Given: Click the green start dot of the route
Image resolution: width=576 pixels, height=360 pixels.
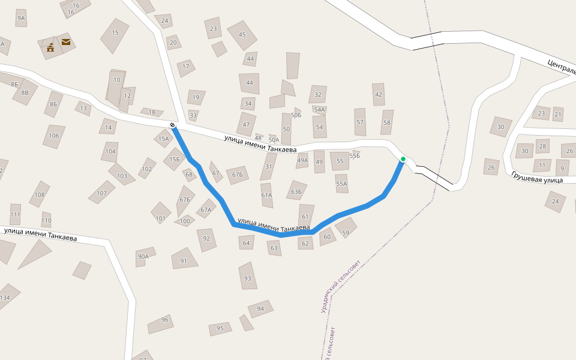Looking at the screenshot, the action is (403, 159).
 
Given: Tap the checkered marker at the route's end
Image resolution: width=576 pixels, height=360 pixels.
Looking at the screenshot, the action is (173, 125).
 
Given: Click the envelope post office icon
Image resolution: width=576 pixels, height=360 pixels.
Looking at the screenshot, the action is (65, 42).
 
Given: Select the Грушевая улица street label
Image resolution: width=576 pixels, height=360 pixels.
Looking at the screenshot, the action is (537, 177).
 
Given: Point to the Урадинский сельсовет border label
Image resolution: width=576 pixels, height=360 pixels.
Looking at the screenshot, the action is (340, 286).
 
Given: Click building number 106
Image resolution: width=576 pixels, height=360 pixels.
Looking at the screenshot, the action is (54, 136).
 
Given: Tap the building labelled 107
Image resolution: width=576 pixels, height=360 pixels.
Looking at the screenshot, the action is (101, 193).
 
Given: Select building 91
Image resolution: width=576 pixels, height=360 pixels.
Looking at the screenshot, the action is (184, 260).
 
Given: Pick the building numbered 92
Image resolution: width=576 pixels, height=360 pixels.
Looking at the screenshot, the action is (206, 239).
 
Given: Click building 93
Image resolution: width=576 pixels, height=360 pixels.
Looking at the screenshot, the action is (247, 278).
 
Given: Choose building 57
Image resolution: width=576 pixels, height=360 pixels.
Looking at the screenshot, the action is (360, 122).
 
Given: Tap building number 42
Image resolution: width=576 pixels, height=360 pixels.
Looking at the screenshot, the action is (378, 95).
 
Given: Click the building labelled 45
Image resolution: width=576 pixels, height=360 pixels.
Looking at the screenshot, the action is (242, 35).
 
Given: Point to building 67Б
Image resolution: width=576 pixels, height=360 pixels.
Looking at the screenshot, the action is (184, 200).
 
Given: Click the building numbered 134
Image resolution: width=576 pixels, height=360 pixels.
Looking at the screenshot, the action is (6, 297).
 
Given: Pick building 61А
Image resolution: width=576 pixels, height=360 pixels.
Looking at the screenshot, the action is (266, 195).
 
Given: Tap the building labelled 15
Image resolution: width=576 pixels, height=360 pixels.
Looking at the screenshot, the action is (115, 34).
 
